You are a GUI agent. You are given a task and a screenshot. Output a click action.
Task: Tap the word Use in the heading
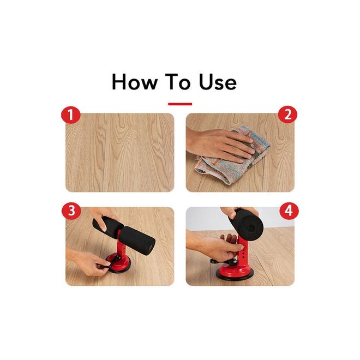218,82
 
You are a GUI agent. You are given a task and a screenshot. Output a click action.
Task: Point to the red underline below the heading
180,104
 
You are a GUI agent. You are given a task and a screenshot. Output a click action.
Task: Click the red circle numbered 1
71,114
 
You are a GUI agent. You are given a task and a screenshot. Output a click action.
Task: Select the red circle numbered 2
287,114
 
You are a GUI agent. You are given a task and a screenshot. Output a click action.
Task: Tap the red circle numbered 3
71,210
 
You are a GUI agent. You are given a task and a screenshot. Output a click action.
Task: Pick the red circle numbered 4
289,210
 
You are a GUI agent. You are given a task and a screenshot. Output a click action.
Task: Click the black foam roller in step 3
124,233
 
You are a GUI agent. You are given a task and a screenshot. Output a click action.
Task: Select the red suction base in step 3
119,264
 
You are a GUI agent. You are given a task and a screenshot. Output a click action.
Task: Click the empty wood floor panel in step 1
120,152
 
